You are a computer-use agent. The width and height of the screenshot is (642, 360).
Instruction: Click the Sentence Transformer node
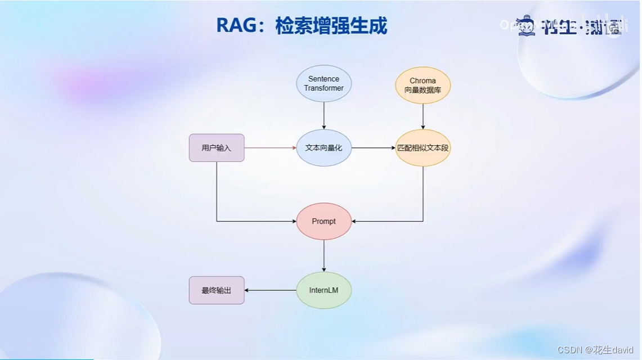pos(324,84)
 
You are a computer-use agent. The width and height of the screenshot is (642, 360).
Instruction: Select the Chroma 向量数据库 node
pos(423,85)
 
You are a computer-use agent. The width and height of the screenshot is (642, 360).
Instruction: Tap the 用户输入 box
pos(217,148)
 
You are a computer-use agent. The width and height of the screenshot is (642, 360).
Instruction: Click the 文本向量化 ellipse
pos(324,148)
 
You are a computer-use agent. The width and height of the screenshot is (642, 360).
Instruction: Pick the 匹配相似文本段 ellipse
pos(423,148)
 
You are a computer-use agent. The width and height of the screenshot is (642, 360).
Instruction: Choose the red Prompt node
pos(324,221)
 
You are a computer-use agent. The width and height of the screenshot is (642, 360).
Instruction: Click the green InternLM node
pos(324,290)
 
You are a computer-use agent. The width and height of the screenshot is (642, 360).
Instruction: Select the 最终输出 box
pos(217,290)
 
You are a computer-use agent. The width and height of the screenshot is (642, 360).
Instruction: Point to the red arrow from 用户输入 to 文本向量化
pos(270,148)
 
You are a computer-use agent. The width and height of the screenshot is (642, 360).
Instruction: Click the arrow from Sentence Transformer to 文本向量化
pos(324,116)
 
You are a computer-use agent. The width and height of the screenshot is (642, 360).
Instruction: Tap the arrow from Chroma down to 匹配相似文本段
pos(423,116)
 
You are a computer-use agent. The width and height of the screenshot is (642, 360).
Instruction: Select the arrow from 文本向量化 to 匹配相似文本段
pos(373,148)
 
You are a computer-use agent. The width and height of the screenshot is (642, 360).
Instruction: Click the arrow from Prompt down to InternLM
pos(324,256)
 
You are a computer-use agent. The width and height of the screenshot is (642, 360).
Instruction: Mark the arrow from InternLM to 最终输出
pos(270,290)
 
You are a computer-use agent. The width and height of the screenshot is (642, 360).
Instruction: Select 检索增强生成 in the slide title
pos(331,26)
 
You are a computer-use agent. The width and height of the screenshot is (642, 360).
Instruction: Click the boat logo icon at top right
pos(526,26)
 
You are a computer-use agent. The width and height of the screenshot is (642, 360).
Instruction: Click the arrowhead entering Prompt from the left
pos(293,221)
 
